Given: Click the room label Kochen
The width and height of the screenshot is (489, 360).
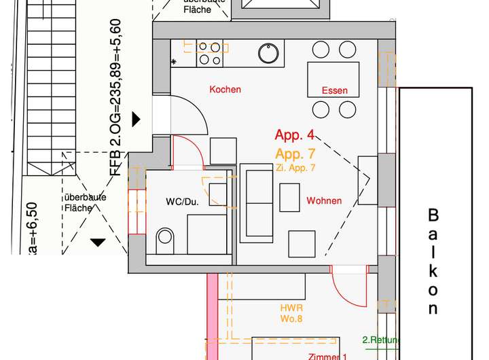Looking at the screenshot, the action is point(225,89).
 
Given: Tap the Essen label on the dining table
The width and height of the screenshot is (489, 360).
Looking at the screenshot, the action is point(335,90).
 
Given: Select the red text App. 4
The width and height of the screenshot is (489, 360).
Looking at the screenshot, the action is point(294,136).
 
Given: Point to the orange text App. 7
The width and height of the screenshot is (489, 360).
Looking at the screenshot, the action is point(295,154).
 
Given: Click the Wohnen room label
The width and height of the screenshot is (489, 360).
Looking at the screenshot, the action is point(324,200).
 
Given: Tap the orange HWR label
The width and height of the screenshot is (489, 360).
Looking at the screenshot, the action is point(291,308).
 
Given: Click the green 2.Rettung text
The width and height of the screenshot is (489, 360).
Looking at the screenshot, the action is point(381,340).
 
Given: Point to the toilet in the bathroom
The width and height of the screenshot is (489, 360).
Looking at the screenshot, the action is point(165,237).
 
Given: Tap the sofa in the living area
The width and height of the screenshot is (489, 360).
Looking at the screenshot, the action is point(257,202).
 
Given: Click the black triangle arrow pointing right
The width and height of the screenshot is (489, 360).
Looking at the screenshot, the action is point(136,120).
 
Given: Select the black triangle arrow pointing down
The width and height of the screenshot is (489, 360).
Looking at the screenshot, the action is point(98,241).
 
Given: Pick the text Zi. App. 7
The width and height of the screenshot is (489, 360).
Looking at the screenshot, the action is point(295,167).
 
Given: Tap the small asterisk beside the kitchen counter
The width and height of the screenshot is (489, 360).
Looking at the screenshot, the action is point(174,62).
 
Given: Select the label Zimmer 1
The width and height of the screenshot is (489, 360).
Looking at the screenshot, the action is point(328,356).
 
